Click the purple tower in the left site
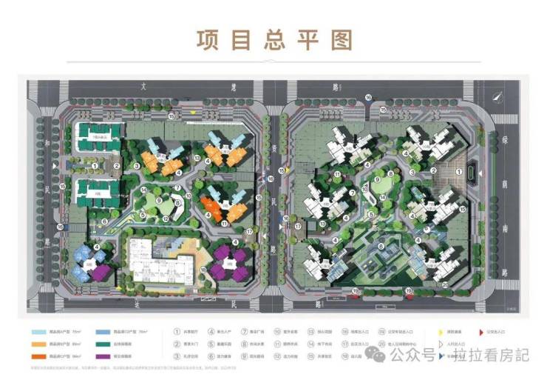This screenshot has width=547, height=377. tap(225, 261)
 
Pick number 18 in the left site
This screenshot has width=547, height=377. tap(203, 271)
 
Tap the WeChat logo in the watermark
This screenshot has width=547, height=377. tap(378, 356)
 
